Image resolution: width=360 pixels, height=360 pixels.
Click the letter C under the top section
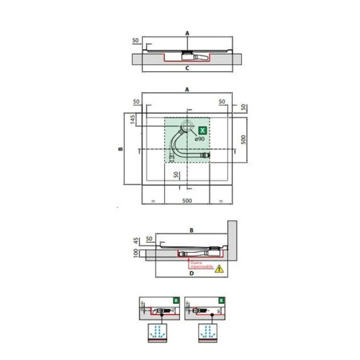click(x=186, y=68)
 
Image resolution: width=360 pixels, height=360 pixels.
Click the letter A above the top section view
click(x=186, y=33)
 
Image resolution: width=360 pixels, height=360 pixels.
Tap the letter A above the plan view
click(x=186, y=89)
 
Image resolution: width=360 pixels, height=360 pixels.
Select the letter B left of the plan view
click(x=120, y=149)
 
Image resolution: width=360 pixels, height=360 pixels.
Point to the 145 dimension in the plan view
click(x=134, y=118)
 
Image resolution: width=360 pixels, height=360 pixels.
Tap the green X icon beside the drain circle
click(x=202, y=130)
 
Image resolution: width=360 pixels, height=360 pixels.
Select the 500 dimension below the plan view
click(x=187, y=200)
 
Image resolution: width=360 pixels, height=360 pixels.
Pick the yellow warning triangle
click(x=220, y=268)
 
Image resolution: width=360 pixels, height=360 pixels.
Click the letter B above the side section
click(x=192, y=230)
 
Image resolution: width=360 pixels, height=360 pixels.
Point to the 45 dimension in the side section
click(x=136, y=241)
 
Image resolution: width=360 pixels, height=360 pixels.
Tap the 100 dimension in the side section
click(x=136, y=253)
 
